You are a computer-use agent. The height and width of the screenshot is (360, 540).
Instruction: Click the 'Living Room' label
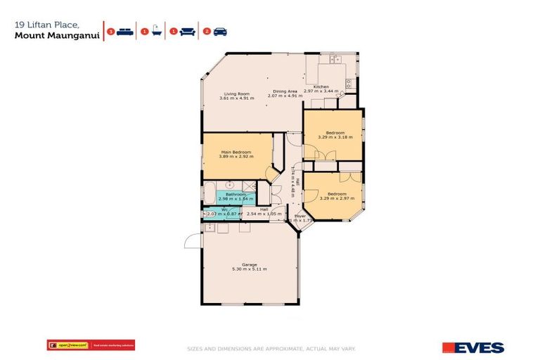tap(237, 94)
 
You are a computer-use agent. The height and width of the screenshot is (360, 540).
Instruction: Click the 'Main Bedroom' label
tap(237, 151)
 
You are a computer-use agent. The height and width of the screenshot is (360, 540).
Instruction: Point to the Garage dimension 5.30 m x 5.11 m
tap(249, 269)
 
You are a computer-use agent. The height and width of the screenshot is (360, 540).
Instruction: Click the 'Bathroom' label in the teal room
tap(231, 194)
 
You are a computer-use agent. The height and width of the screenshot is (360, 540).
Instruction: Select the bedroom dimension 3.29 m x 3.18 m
tap(333, 137)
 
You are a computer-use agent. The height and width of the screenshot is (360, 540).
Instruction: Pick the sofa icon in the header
tap(188, 31)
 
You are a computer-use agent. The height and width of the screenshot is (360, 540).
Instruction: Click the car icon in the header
tap(219, 31)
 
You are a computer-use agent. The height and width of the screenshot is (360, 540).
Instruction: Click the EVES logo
tap(473, 347)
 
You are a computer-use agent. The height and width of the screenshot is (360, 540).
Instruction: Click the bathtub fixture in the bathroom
tap(209, 191)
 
